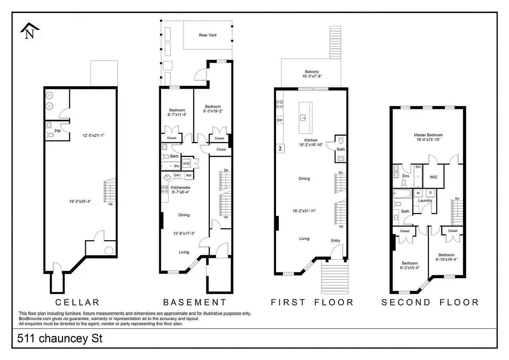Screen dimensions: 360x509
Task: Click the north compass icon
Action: (30, 31)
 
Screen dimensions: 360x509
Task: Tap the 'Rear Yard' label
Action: (208, 35)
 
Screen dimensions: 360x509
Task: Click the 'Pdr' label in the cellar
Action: (57, 130)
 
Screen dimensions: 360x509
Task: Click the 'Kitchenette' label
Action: (180, 187)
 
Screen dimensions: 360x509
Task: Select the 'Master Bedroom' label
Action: (428, 135)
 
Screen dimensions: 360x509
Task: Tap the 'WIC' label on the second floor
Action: (433, 177)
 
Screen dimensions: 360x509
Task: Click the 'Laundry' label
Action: (425, 200)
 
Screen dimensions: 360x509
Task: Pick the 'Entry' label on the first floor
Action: (335, 241)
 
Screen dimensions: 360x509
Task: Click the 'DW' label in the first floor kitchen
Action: (279, 120)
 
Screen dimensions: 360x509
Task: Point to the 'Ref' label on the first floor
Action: (279, 148)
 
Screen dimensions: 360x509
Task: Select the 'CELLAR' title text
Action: (77, 302)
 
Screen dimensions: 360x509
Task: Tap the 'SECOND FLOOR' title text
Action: (430, 302)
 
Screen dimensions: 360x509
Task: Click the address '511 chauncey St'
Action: (60, 338)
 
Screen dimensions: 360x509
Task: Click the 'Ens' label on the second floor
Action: (405, 176)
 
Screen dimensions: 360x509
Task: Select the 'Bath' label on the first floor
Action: (341, 149)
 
